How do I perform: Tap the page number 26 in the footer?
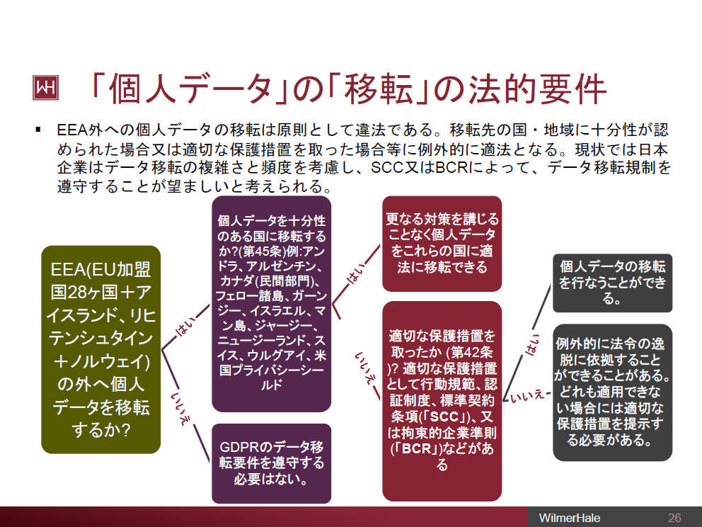tap(674, 516)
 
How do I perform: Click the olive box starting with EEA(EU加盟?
tap(101, 349)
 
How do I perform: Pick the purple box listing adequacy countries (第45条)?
tap(272, 303)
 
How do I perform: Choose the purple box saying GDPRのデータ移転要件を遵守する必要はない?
tap(272, 463)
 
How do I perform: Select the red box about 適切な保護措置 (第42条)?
tap(442, 399)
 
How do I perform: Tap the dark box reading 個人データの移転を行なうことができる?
tap(612, 283)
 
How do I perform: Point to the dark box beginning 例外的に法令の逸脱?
tap(612, 392)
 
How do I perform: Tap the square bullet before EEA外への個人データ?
tap(39, 130)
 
